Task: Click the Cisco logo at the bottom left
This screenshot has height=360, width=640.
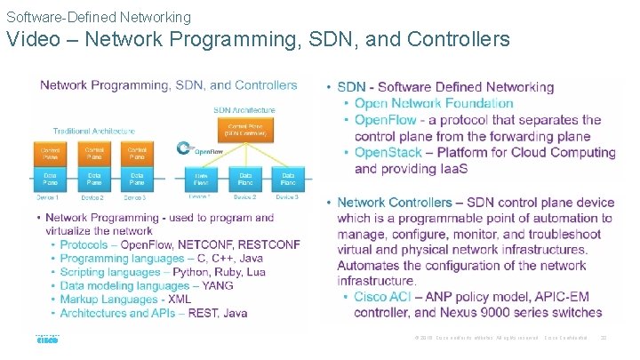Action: point(46,339)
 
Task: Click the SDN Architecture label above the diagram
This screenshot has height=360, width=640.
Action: point(244,110)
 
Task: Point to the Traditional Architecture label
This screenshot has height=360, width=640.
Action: point(93,131)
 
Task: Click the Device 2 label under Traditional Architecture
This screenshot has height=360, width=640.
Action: point(92,197)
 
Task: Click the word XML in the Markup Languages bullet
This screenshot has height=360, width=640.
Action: point(180,300)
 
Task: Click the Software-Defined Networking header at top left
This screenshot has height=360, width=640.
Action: point(99,17)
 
